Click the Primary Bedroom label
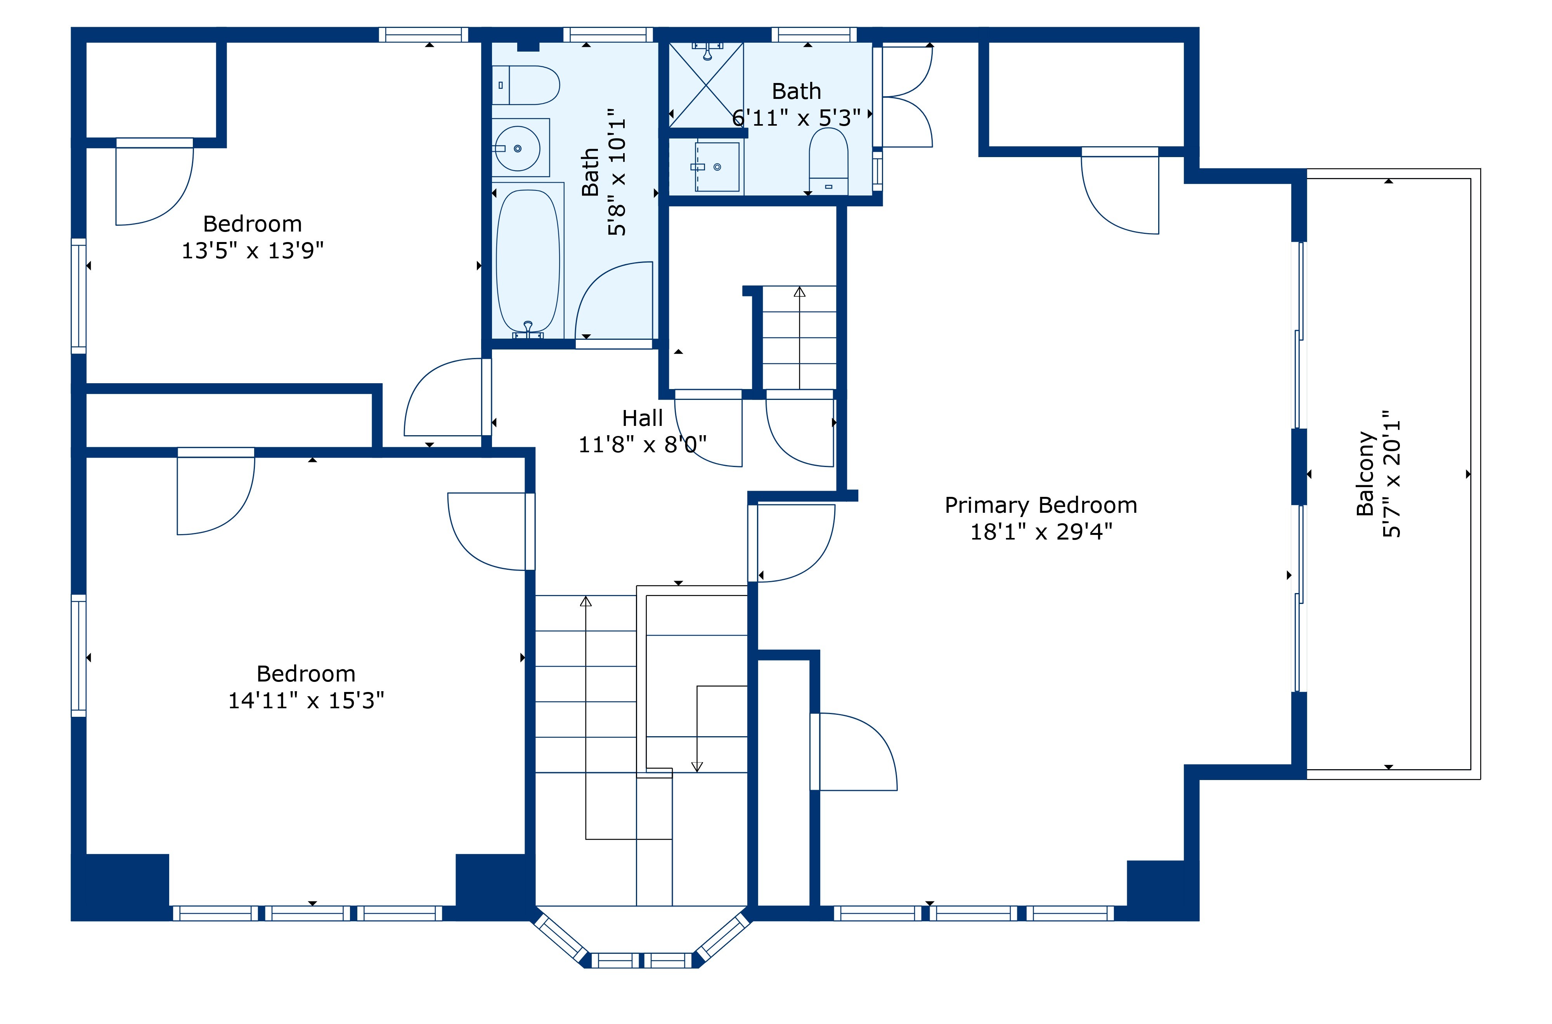[1041, 505]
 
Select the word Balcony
[1366, 474]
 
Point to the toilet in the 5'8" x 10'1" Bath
[526, 85]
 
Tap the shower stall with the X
[706, 85]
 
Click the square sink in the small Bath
[717, 167]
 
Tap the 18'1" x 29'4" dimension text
[1041, 532]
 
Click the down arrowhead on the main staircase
[697, 767]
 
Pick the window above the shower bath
[814, 35]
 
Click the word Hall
[642, 418]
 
